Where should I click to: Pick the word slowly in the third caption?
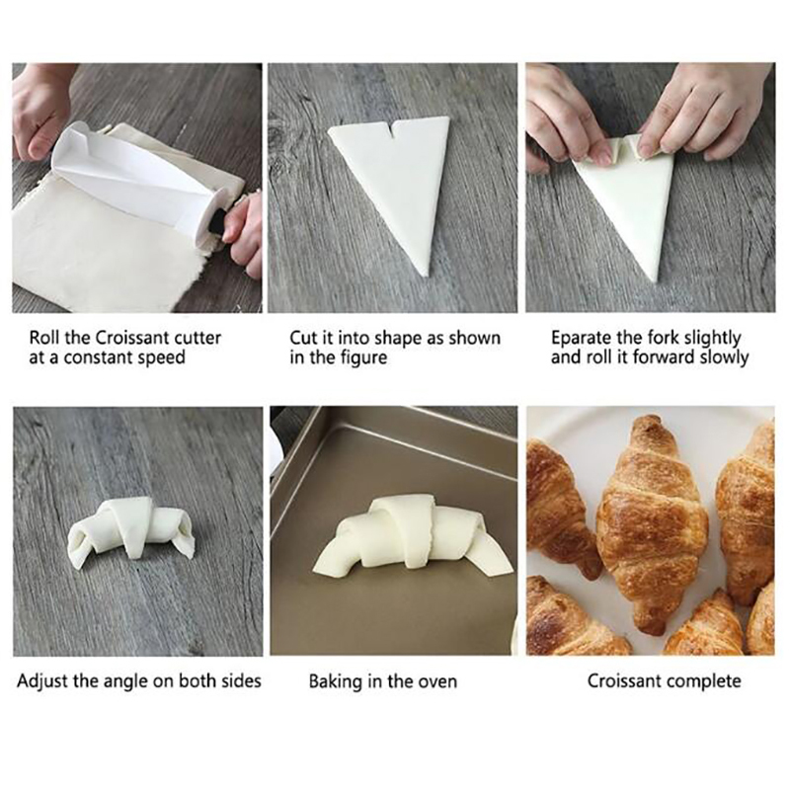click(722, 357)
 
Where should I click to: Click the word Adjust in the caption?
click(42, 681)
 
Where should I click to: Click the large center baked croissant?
click(653, 524)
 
